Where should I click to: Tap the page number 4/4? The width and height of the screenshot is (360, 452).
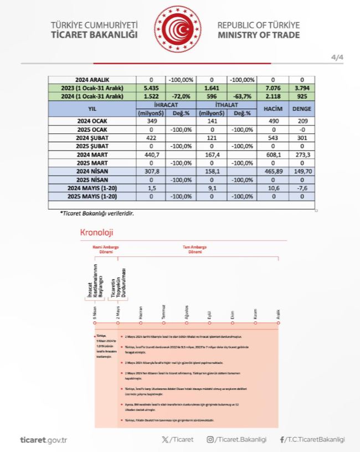(x=337, y=58)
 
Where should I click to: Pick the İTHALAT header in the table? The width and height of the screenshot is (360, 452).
(x=227, y=104)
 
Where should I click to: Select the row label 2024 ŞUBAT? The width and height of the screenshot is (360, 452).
(x=92, y=137)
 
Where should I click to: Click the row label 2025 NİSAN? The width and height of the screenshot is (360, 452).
(x=92, y=180)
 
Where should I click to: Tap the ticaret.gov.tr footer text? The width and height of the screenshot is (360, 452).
(x=43, y=440)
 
